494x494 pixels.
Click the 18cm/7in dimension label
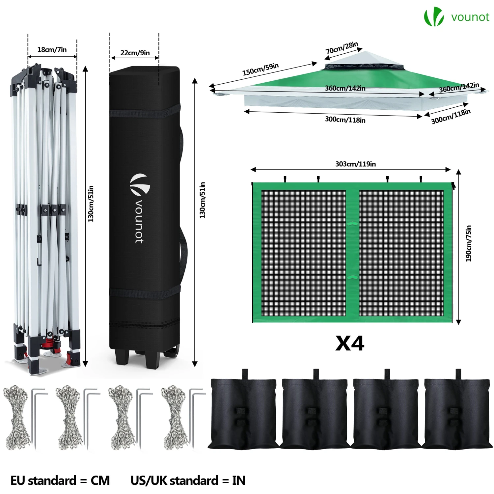(x=52, y=50)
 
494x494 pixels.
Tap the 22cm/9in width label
(x=135, y=53)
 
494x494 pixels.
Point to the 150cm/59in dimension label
(x=261, y=69)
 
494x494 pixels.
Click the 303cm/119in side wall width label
(x=355, y=164)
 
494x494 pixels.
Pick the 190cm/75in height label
(x=469, y=243)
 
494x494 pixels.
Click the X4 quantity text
(x=350, y=343)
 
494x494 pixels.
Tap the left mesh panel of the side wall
(x=304, y=253)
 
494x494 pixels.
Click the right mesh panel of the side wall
(x=401, y=253)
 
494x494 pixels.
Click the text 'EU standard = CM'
(x=60, y=480)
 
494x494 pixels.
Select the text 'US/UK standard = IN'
(x=188, y=480)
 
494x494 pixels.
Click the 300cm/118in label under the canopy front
(x=345, y=120)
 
